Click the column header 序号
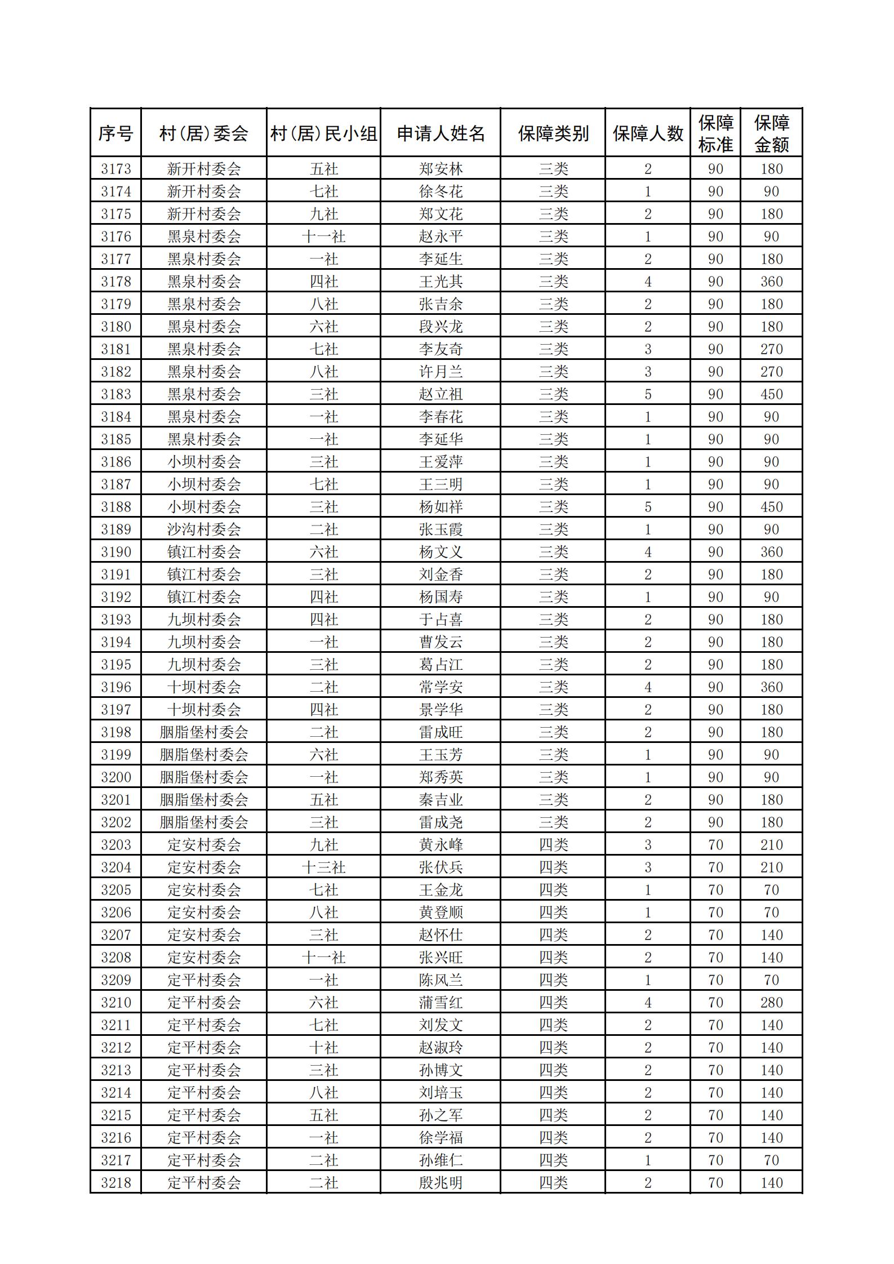115,133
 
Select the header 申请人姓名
441,133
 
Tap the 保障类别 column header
553,133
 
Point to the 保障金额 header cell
771,133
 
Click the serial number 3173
115,169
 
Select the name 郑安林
441,169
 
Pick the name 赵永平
441,237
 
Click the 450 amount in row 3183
771,394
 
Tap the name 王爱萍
441,462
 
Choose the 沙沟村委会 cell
204,529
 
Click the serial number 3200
115,777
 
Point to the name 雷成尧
441,822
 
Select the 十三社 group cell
323,867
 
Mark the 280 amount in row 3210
771,1003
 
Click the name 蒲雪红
441,1003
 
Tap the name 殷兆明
441,1183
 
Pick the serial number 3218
115,1183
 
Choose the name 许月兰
441,372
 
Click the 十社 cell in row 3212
323,1048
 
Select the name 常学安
441,687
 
